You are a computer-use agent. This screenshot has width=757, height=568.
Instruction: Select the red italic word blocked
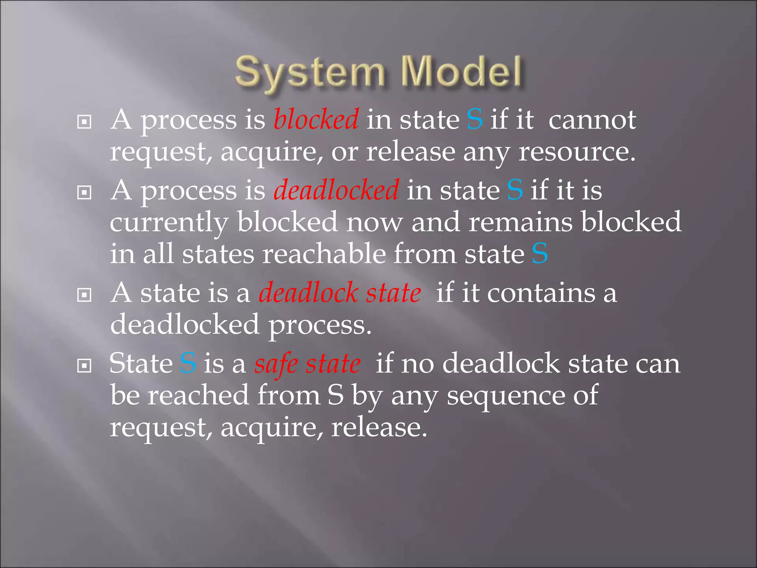click(x=316, y=119)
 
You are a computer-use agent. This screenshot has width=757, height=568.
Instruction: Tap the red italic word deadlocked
click(x=336, y=190)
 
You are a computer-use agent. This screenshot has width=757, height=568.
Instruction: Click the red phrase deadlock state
click(x=340, y=293)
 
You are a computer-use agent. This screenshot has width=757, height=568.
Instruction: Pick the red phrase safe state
click(x=308, y=364)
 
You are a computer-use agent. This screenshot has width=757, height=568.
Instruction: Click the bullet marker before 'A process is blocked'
click(x=84, y=121)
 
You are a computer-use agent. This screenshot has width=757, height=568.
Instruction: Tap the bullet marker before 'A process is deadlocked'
click(x=84, y=192)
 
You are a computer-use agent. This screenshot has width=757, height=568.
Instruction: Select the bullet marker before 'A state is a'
click(x=84, y=295)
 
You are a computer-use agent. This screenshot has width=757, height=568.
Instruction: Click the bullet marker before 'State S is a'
click(x=84, y=366)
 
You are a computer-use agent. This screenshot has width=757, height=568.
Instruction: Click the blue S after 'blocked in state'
click(x=475, y=119)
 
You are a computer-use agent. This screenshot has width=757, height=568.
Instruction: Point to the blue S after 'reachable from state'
click(x=540, y=254)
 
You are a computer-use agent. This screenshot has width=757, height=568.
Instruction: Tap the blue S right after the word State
click(x=188, y=364)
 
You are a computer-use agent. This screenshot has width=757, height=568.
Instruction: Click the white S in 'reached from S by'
click(x=335, y=395)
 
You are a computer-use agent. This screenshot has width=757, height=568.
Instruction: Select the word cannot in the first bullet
click(x=592, y=120)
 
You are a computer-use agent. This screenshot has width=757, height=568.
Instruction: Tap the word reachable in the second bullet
click(x=324, y=254)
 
